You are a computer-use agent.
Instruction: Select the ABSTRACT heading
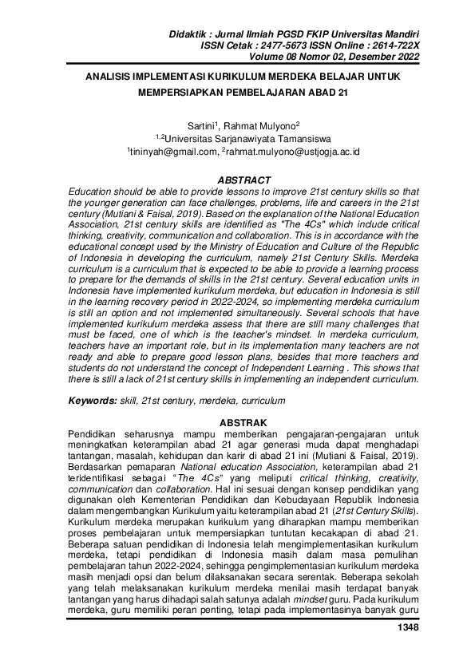[237, 180]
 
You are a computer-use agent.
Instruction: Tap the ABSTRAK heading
[237, 421]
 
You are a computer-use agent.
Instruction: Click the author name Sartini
[203, 126]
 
